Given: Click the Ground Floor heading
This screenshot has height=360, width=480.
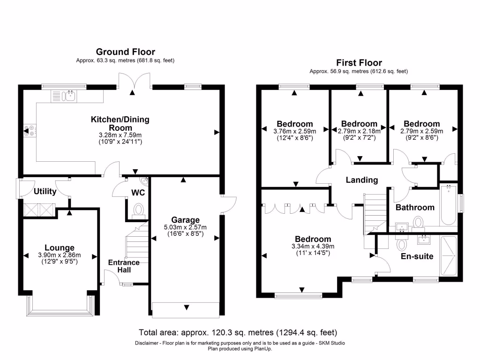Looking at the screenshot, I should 125,52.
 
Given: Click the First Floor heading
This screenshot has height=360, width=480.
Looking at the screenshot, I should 359,63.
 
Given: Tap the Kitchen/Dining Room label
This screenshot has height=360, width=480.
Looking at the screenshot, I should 120,123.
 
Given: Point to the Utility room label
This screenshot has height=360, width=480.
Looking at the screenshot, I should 45,192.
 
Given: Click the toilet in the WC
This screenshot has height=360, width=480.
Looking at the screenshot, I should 139,210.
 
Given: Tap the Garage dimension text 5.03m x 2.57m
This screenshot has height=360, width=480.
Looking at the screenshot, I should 185,227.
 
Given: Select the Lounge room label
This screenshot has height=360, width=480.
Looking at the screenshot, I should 60,248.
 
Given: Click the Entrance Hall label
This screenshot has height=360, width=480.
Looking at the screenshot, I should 124,266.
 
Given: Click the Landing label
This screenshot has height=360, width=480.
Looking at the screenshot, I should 362,180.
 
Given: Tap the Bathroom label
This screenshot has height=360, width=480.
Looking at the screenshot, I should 415,207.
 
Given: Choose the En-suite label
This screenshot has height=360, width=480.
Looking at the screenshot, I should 417,256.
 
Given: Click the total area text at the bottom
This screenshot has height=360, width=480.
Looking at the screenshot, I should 238,333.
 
